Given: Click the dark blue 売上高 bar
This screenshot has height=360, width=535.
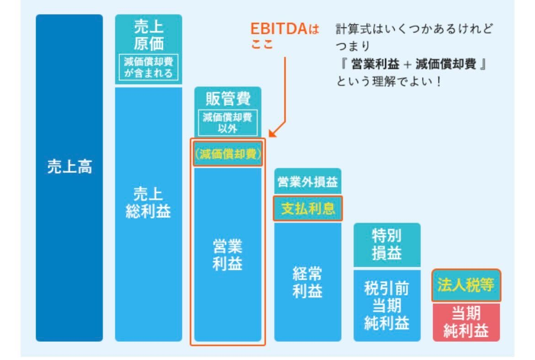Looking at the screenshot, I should [70, 178].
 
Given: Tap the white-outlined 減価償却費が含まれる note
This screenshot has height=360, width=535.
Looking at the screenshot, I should [149, 68].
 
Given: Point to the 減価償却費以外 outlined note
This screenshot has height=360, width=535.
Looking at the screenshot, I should [228, 122].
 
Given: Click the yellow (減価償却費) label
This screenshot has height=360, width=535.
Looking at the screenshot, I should [228, 154].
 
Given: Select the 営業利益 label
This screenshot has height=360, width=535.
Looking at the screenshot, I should [228, 256].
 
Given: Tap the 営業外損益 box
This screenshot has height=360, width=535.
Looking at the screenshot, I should [308, 183].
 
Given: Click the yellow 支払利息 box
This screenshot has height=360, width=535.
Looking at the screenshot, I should [308, 209].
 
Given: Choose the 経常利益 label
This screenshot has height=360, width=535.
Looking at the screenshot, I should [308, 282].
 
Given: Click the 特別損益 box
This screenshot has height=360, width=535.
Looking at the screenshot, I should [387, 244].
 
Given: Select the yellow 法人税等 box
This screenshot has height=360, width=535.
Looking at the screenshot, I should [466, 285].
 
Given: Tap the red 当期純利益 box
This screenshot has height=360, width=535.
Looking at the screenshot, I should [466, 322].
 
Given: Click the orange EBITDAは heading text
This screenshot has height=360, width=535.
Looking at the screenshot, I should [284, 29].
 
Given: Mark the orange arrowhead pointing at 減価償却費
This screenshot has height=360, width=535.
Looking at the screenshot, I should [272, 134].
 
